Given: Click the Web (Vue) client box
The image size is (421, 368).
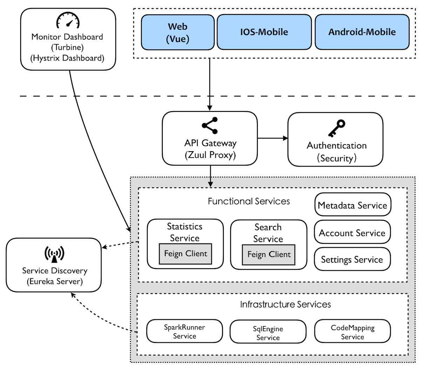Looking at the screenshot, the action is coord(178,32).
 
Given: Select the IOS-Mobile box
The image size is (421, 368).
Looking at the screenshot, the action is coord(264,32).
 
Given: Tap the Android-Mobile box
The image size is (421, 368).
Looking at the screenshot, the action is coord(362,32).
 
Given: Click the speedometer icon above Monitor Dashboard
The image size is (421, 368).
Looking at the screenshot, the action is coord(68,20).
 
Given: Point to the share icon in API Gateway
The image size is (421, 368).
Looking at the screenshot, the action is coord(210,126).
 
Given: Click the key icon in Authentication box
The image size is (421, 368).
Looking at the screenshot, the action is coord(337,128).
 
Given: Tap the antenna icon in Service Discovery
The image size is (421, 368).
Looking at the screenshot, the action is coord(54,254).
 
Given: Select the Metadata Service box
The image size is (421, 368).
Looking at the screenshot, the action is coord(353,205).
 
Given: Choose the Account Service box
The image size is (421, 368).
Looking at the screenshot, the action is coord(352,232).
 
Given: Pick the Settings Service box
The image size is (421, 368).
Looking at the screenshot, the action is coord(352,259).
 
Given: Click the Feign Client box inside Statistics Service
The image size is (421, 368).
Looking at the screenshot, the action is coord(185,254).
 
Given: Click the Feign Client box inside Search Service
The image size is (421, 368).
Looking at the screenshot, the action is coord(268,255).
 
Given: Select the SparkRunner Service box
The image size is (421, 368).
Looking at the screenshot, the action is coord(185,331).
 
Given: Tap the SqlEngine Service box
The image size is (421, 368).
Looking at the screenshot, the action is coord(268,332).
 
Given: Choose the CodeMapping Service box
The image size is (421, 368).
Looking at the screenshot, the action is coord(352,331).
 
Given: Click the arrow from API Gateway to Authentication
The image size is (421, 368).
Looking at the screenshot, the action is coord(273,138).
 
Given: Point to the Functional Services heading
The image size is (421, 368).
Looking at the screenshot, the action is coord(249,201).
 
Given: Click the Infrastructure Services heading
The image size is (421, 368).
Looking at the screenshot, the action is coord(285,304).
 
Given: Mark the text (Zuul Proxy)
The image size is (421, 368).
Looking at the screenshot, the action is coord(210,155).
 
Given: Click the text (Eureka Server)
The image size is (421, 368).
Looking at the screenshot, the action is coord(55,281).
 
